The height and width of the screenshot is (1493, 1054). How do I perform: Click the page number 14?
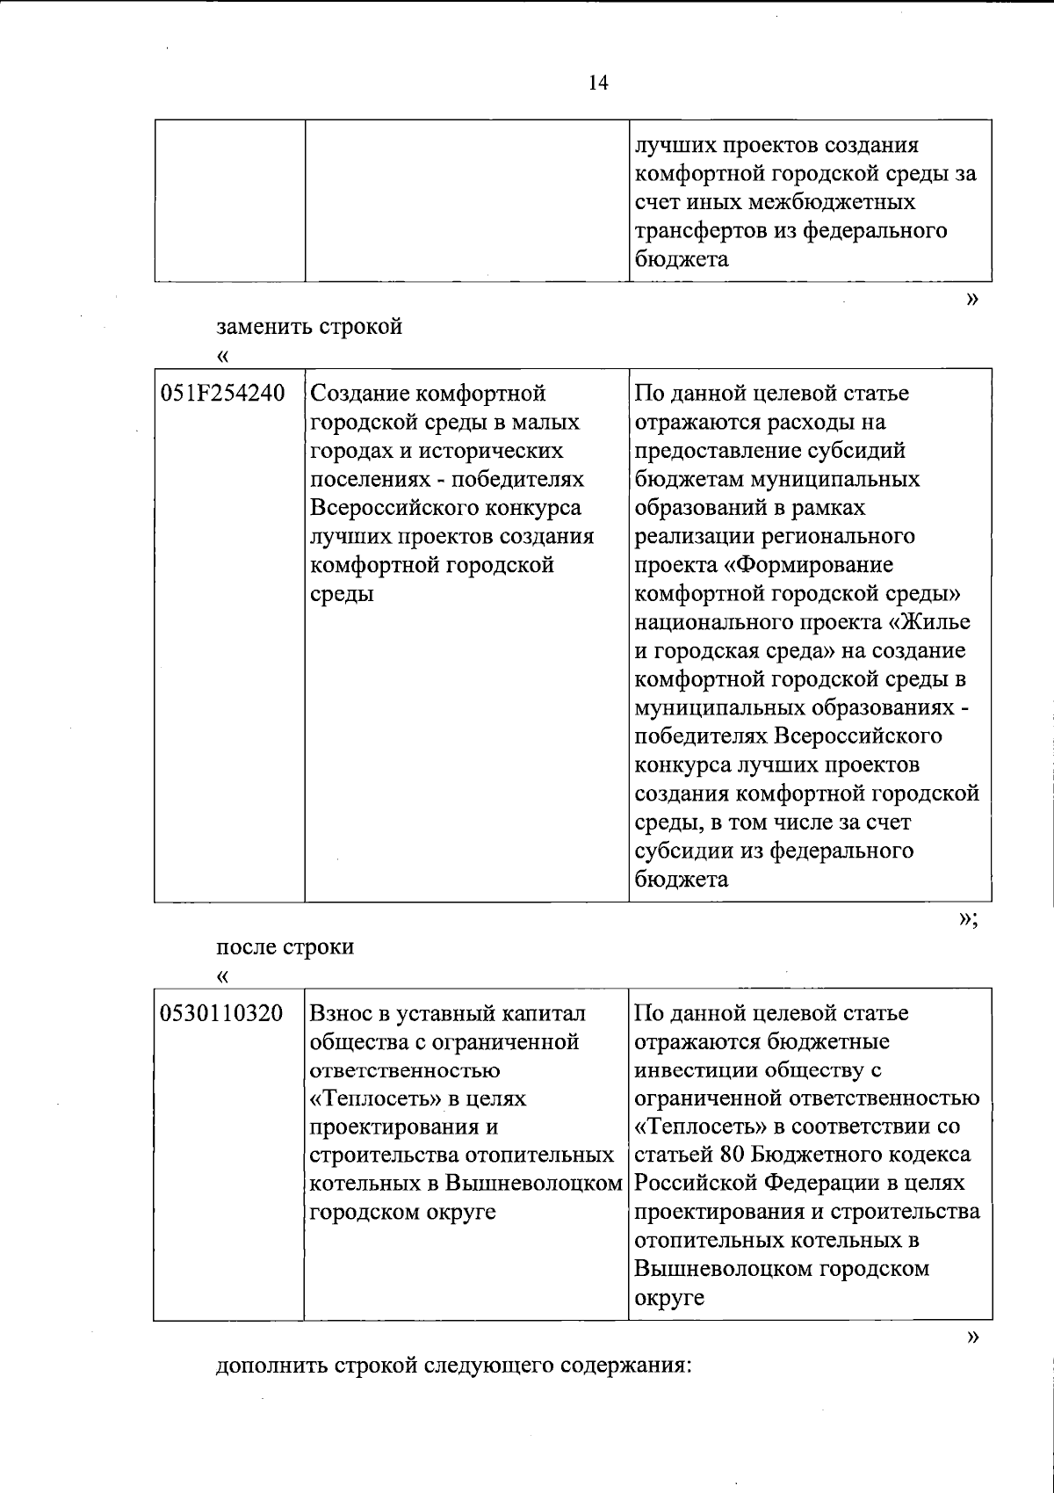598,83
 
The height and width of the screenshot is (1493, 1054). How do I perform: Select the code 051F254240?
222,394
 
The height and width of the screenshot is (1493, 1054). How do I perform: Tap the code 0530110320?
222,1013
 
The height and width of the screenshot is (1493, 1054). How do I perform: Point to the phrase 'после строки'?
285,947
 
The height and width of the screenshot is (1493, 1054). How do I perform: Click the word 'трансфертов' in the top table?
703,231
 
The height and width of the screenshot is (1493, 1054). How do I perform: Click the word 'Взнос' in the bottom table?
342,1013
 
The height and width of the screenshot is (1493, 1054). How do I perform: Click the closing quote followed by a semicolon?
968,919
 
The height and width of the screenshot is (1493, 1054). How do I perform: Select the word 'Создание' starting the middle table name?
358,394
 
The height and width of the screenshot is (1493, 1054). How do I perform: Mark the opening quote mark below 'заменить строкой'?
222,356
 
